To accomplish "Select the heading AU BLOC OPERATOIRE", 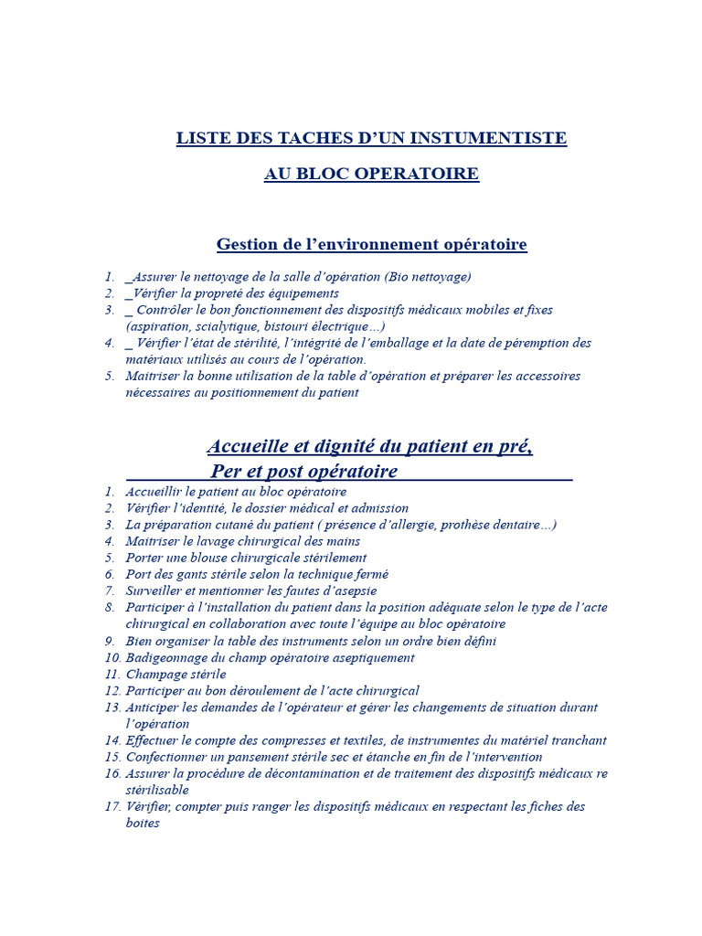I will [x=371, y=174].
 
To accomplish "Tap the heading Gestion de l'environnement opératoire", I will [x=371, y=245].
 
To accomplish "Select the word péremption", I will [x=538, y=343].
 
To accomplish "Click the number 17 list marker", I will [x=113, y=806].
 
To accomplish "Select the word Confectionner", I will [x=166, y=757].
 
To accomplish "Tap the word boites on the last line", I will [x=143, y=823].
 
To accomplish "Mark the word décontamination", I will [x=281, y=773].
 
